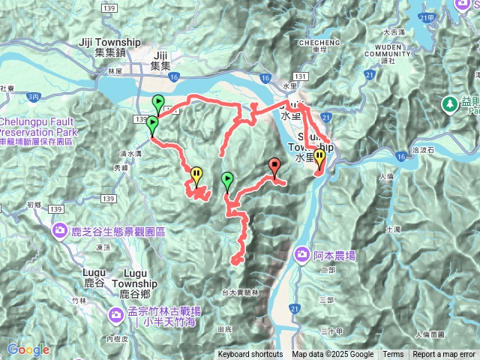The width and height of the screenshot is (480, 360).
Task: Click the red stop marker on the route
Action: [x=274, y=166]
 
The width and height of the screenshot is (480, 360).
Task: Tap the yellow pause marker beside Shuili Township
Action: [x=319, y=158]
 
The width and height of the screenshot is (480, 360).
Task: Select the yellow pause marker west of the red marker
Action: [x=196, y=175]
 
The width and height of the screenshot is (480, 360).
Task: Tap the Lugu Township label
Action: [x=134, y=279]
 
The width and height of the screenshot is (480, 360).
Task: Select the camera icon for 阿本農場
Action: [x=302, y=254]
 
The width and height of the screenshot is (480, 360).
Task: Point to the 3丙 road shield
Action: [x=33, y=97]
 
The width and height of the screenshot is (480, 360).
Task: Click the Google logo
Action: [x=28, y=349]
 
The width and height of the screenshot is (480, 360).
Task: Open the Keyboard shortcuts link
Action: [x=250, y=355]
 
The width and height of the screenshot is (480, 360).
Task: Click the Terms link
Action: [x=393, y=355]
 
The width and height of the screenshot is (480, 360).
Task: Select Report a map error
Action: [x=444, y=355]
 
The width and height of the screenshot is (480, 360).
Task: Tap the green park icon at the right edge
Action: [x=451, y=103]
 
